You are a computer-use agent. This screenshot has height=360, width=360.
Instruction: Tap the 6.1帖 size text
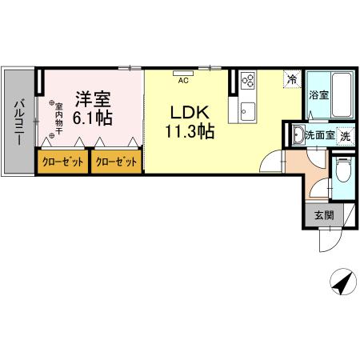coord(93,117)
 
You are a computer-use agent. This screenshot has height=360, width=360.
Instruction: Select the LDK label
coord(190,113)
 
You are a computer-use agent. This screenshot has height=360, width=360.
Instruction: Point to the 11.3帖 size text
coord(190,131)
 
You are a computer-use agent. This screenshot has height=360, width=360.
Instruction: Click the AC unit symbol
coord(183,74)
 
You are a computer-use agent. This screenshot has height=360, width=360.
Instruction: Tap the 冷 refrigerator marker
coord(293,79)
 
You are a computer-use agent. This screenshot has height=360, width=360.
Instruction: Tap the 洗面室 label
coord(319,135)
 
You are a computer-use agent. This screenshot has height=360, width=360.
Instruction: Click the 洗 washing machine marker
coord(345,135)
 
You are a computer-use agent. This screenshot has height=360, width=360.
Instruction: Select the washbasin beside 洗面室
coord(297,134)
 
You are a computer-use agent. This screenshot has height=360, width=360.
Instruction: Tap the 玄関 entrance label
coord(323,214)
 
